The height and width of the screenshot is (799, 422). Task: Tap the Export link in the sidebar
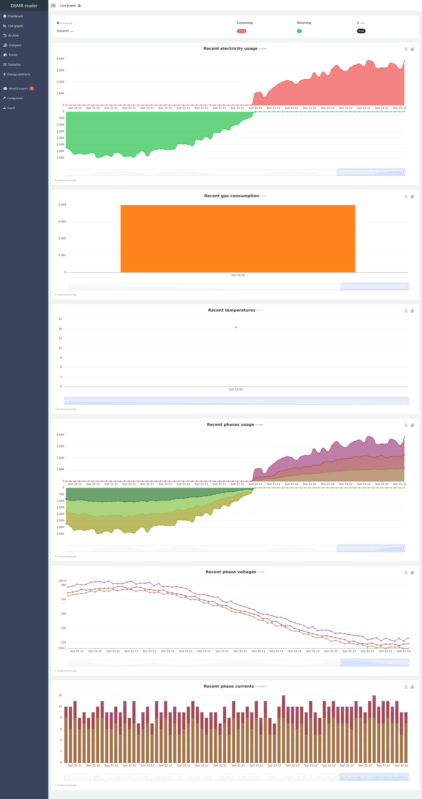pos(11,108)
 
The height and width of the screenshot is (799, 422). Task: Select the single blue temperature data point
pos(236,327)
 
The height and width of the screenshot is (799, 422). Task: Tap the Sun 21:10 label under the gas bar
pos(238,275)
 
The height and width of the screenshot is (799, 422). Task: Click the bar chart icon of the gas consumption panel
pos(412,196)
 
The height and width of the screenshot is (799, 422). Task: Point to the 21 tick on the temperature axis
pos(60,319)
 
